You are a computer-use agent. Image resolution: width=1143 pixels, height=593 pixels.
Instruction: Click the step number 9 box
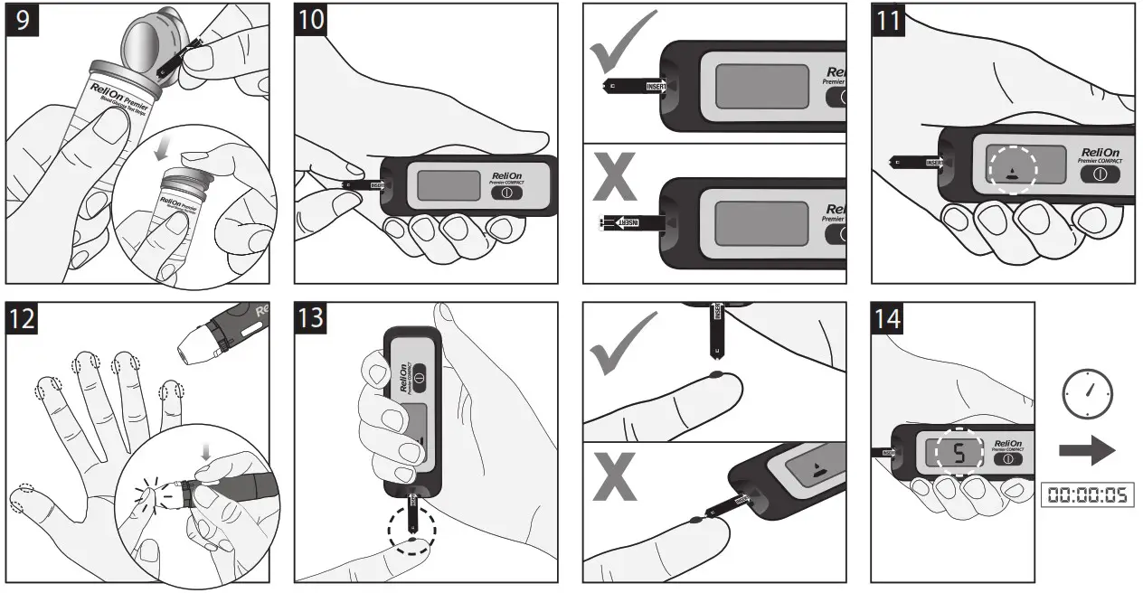(22, 21)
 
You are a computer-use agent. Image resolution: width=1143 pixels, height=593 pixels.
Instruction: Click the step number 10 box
(313, 21)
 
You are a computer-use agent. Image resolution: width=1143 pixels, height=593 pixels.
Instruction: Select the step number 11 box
(890, 21)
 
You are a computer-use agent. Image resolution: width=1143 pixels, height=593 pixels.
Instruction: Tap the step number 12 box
(23, 319)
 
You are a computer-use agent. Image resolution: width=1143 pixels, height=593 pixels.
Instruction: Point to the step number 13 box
(313, 319)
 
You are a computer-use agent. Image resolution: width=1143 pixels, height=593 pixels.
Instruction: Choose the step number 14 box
(890, 319)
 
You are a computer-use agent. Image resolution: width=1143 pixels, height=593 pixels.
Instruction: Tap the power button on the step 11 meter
(1100, 174)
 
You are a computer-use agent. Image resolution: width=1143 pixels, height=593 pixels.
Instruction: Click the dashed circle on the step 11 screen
(1013, 168)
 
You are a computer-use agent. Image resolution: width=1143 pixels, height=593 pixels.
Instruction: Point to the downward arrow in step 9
(160, 149)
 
